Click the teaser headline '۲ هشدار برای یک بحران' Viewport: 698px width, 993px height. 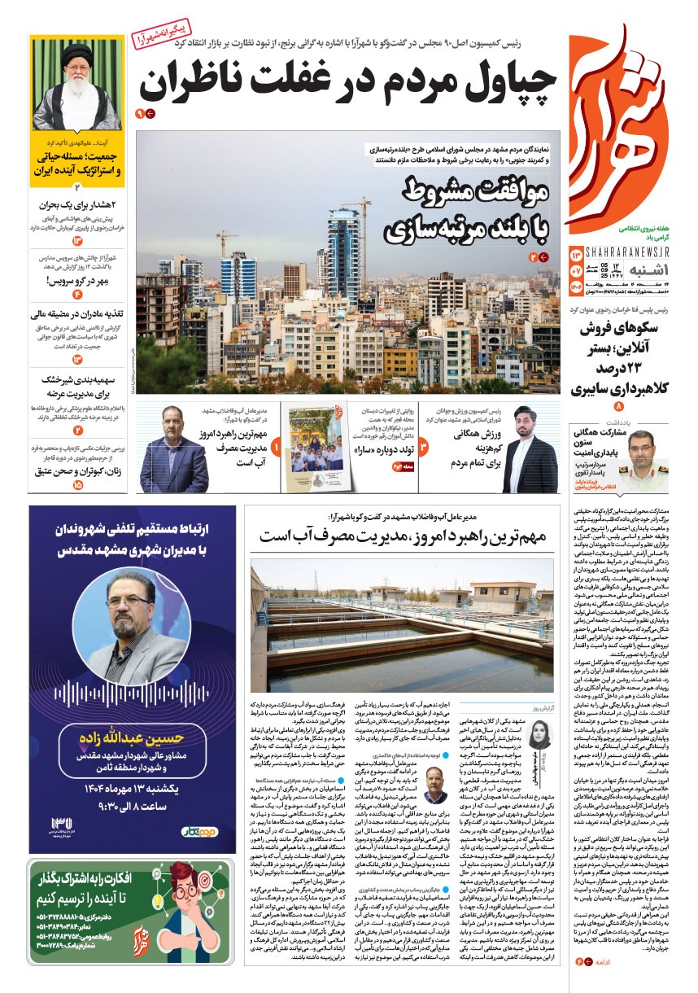point(77,204)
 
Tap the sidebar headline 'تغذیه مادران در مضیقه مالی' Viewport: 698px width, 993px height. point(79,314)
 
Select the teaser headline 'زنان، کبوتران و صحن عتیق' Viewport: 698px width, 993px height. point(77,473)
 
